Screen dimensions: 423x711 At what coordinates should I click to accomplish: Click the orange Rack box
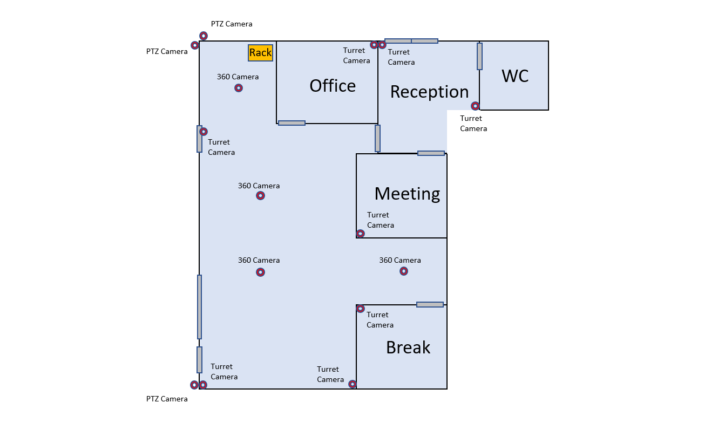(260, 52)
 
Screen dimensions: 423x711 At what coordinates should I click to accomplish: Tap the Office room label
(333, 86)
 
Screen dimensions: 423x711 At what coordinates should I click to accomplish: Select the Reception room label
(429, 92)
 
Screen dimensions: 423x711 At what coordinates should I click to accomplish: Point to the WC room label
(515, 76)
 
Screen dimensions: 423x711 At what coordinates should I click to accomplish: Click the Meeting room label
(407, 193)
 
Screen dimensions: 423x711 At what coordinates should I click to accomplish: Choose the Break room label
(408, 347)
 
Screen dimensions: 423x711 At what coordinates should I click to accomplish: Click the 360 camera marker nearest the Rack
(239, 88)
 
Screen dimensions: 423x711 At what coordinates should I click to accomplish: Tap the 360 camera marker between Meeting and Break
(403, 271)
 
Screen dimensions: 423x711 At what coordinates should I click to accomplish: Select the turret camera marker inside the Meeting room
(361, 234)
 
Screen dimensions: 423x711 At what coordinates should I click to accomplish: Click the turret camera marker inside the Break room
(361, 309)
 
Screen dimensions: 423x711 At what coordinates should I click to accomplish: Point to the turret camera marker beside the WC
(475, 106)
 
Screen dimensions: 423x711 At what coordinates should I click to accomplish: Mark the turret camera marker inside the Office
(374, 45)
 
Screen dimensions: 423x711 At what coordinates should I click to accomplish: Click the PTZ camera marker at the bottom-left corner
(194, 385)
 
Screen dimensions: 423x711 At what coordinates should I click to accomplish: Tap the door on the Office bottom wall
(292, 123)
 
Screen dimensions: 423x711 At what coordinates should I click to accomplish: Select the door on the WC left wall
(479, 57)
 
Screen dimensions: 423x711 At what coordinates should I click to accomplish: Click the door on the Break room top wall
(430, 305)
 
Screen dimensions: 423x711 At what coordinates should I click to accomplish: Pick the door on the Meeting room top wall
(431, 153)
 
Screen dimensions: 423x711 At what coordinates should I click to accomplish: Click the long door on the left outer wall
(199, 306)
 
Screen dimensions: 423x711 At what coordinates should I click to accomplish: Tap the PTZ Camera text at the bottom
(167, 399)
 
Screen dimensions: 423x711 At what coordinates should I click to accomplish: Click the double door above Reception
(411, 41)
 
